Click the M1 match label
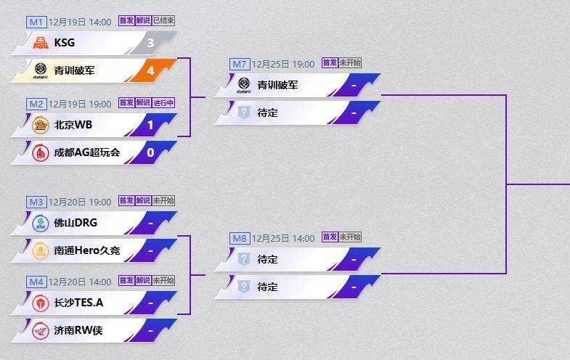click(36, 22)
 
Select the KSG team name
click(64, 43)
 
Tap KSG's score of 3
click(150, 43)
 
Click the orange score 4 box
click(150, 70)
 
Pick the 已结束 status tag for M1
click(163, 21)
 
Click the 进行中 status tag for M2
click(163, 103)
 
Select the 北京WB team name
click(73, 125)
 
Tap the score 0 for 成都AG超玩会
click(150, 152)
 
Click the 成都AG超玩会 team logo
click(41, 152)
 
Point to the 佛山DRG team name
click(75, 223)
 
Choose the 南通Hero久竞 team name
click(86, 250)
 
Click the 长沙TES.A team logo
click(41, 303)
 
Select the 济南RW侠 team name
click(78, 330)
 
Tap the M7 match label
click(240, 64)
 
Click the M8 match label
click(240, 238)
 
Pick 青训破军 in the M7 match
click(277, 85)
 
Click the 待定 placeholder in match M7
click(267, 112)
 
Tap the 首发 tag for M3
click(126, 201)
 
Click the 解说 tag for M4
click(142, 281)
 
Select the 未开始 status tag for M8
click(350, 237)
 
